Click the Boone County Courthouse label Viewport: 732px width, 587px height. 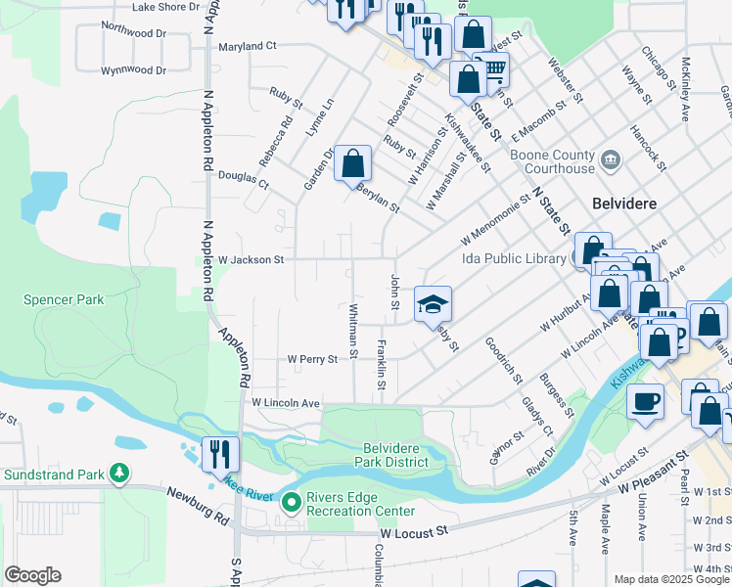[553, 160]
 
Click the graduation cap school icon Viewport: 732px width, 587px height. [433, 304]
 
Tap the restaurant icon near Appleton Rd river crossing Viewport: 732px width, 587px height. [219, 454]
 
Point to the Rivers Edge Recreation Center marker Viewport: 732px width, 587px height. [291, 504]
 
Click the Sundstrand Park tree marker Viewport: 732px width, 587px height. [119, 474]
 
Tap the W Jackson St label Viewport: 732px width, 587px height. [251, 260]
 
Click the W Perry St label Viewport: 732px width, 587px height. [312, 359]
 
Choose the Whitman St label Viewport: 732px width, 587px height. [353, 330]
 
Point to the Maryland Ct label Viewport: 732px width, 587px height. [249, 46]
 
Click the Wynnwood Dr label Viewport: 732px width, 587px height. [134, 70]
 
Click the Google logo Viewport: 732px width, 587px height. [32, 575]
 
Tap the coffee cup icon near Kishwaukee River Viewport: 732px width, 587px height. [643, 400]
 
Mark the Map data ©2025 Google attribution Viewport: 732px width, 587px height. [671, 579]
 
